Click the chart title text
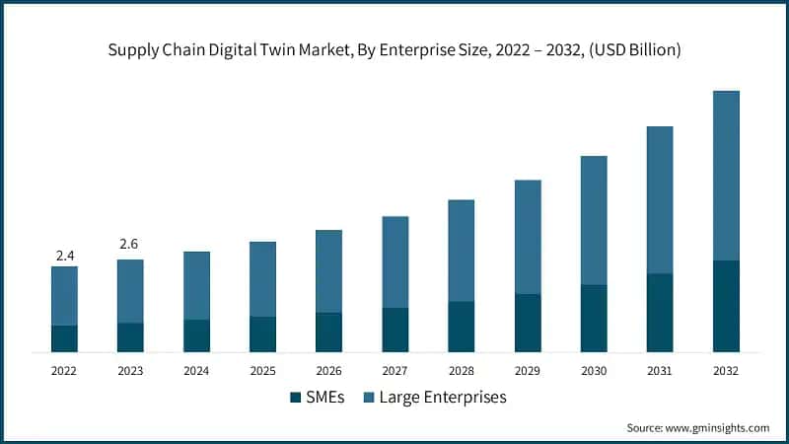click(394, 49)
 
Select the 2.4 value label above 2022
click(65, 256)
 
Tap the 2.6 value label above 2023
click(130, 244)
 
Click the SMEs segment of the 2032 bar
click(726, 306)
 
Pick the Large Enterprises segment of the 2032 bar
click(726, 176)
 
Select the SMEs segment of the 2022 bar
click(65, 338)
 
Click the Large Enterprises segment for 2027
click(395, 261)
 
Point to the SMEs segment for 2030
click(594, 318)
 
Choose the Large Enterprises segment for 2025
click(263, 279)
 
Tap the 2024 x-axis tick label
click(197, 371)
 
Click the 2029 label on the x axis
click(528, 371)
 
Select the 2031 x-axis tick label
click(660, 371)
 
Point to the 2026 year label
click(329, 371)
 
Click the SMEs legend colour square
click(295, 398)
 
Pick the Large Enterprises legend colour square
click(370, 398)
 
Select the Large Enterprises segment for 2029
click(528, 237)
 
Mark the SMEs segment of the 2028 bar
click(462, 327)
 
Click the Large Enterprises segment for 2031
click(660, 199)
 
